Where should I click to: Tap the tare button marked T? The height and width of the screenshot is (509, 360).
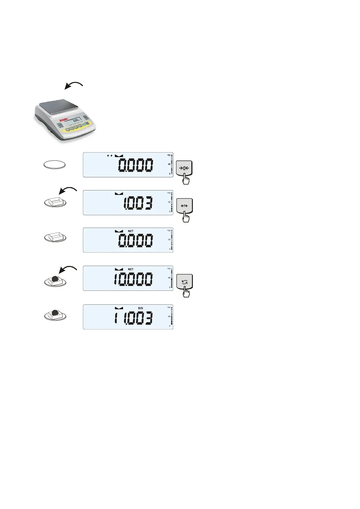click(184, 206)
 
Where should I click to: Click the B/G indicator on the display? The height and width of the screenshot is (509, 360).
click(141, 308)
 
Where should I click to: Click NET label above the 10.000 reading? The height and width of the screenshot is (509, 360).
click(131, 269)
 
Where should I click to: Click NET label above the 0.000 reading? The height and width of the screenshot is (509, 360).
click(131, 231)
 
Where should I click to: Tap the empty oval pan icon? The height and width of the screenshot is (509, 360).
click(54, 165)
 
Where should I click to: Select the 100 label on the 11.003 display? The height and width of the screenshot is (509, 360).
click(169, 307)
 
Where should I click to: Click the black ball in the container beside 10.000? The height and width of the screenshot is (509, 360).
click(54, 279)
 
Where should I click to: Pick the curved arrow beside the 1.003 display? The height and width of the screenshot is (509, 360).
click(68, 190)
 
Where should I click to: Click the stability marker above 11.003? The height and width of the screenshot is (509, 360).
click(119, 308)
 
